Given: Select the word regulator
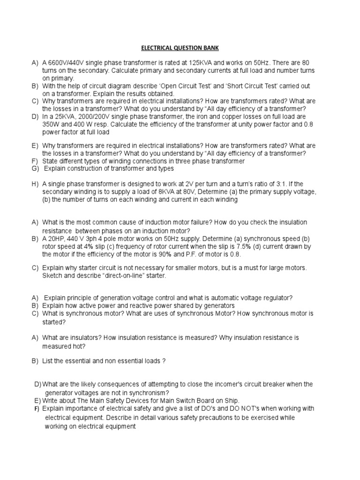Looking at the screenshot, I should point(277,298).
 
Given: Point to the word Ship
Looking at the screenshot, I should point(231,400).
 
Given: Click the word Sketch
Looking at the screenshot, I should point(53,276).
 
